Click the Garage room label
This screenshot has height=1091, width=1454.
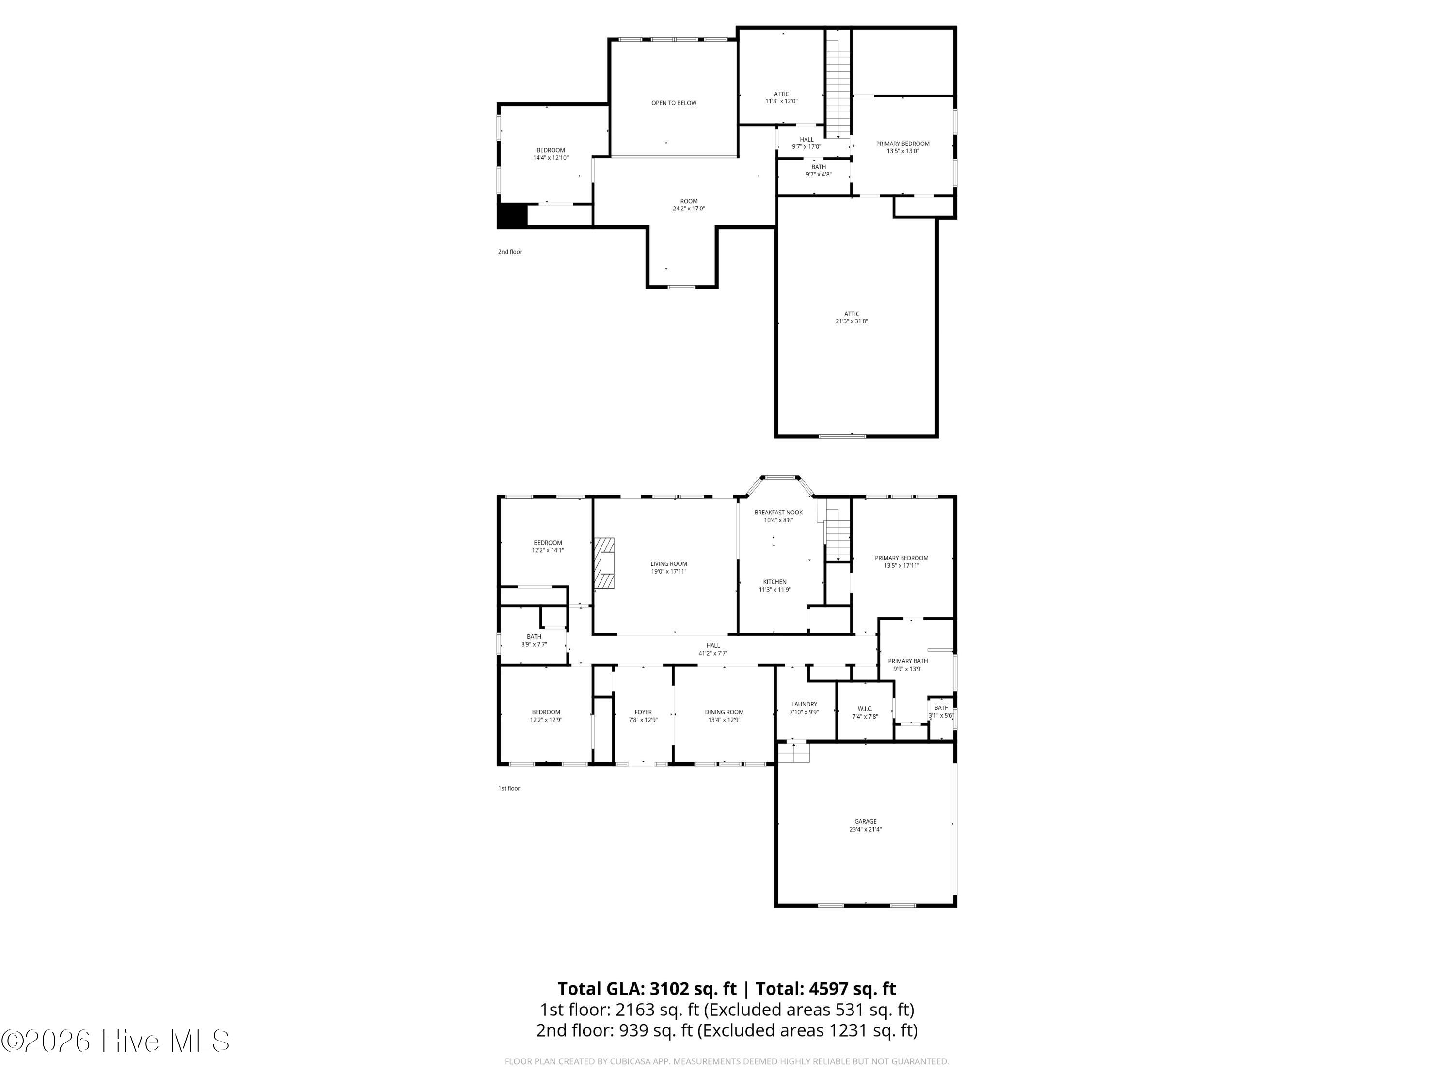point(865,821)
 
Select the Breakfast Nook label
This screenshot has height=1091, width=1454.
point(778,513)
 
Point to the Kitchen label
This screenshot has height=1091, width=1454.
point(774,582)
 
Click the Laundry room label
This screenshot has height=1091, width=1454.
point(804,704)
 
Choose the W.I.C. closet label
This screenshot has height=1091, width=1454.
point(864,709)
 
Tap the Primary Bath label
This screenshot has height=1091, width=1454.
point(908,661)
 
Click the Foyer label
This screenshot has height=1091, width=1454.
point(643,711)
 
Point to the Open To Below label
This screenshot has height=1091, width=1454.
point(674,103)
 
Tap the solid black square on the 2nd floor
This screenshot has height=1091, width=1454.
point(513,216)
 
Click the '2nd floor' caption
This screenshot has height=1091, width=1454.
point(509,252)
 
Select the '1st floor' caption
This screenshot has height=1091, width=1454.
point(509,788)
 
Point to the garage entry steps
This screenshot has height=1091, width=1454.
point(793,753)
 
